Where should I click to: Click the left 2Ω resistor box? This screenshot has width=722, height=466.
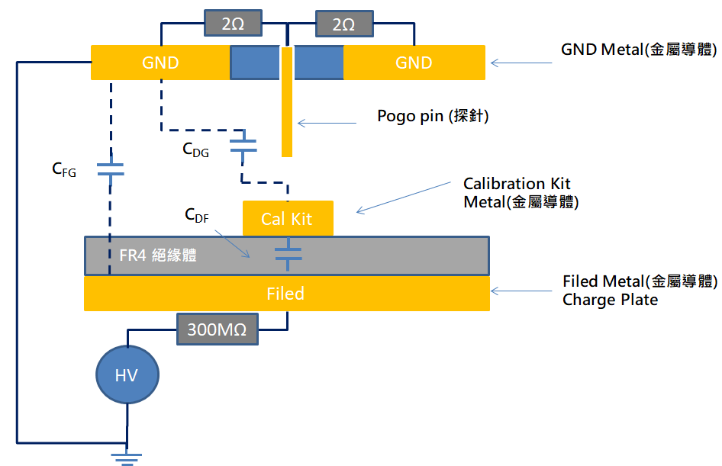coord(233,24)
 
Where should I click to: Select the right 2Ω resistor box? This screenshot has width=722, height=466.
coord(344,24)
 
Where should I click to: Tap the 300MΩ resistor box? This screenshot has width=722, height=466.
coord(218,329)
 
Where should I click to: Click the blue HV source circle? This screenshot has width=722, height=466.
coord(127,375)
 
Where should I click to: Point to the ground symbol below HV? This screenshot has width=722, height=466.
coord(127,458)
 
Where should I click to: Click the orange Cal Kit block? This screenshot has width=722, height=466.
coord(288,219)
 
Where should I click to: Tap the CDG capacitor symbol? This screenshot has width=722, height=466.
coord(243,145)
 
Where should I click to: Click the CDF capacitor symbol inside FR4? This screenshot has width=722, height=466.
coord(288,254)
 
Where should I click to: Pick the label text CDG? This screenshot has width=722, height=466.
coord(195,150)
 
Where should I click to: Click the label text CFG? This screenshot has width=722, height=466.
coord(64,170)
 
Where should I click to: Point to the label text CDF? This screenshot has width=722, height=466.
coord(197,215)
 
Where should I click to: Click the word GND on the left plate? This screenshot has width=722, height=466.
coord(160,63)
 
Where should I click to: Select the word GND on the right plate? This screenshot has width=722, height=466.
coord(414,63)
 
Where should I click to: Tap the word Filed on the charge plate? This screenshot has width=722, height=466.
coord(285,294)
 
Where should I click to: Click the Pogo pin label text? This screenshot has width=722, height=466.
coord(433,115)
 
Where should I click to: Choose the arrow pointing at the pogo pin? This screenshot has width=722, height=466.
coord(327,123)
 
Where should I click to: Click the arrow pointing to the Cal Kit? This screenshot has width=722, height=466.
coord(404,198)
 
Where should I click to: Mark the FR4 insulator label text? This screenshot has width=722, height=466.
coord(158,255)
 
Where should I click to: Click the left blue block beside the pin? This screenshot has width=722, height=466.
coord(255,63)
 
